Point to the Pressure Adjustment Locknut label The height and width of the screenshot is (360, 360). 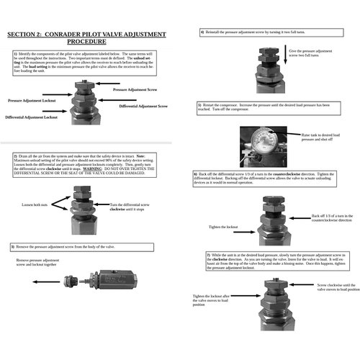[32, 102]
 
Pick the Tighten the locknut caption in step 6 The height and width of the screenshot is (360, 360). [222, 226]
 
